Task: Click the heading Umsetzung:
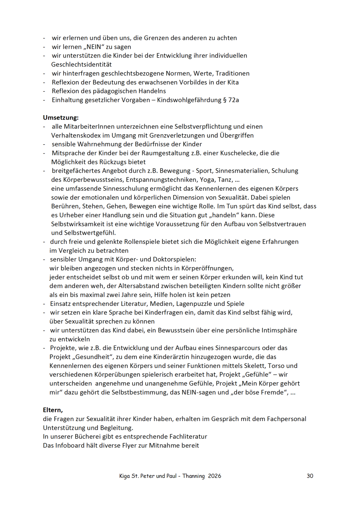(x=61, y=118)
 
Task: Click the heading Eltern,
(x=53, y=410)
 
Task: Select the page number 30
(x=310, y=476)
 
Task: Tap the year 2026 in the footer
(x=214, y=476)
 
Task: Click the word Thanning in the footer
(x=194, y=476)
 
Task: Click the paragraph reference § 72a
(x=230, y=100)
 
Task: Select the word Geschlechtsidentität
(x=82, y=64)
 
